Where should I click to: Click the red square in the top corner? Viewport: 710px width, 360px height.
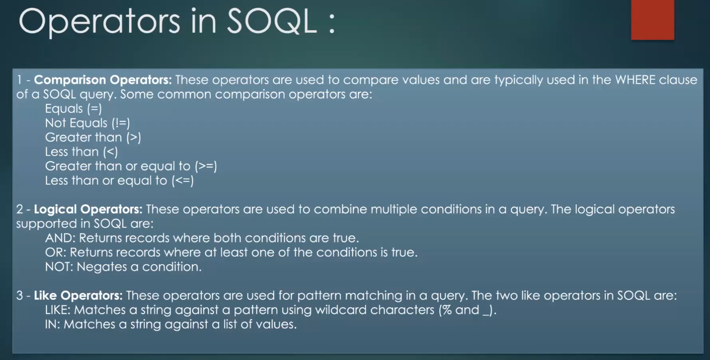(652, 20)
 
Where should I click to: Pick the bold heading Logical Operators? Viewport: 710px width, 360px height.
(88, 209)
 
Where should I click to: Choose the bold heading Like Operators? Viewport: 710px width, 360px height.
(78, 295)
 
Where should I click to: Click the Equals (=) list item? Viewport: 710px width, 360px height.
(73, 108)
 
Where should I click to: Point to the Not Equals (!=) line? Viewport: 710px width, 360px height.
(87, 123)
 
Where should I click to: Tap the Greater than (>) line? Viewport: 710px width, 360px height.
(92, 137)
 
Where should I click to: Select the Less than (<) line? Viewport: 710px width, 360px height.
(81, 152)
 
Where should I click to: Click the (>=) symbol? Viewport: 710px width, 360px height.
(206, 166)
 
